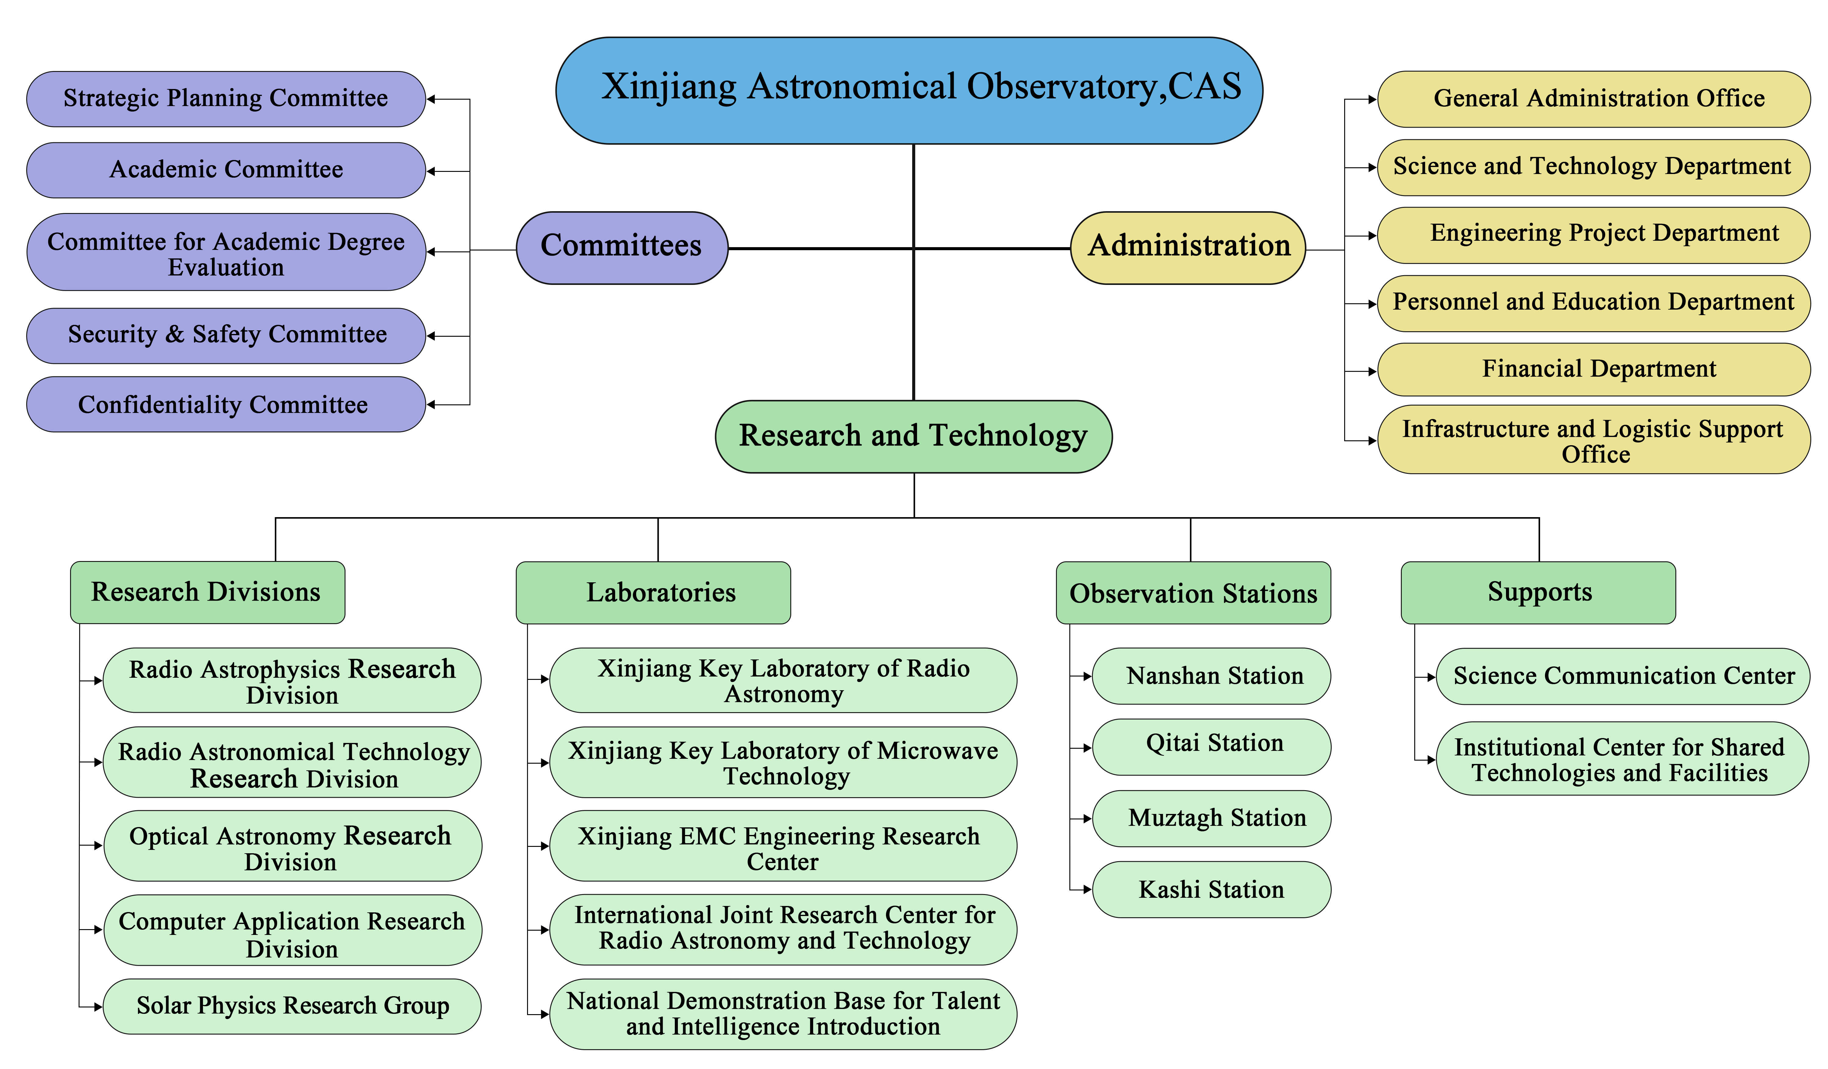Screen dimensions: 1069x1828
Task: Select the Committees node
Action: pyautogui.click(x=622, y=247)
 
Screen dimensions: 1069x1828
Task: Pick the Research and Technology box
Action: pyautogui.click(x=913, y=436)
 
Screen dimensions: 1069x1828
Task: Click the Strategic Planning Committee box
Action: pyautogui.click(x=225, y=99)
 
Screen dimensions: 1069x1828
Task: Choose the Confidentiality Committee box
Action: pyautogui.click(x=225, y=404)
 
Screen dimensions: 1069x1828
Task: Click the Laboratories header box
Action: pyautogui.click(x=653, y=592)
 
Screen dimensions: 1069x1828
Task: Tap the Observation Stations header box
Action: pyautogui.click(x=1193, y=592)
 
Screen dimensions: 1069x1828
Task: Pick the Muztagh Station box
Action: pyautogui.click(x=1211, y=818)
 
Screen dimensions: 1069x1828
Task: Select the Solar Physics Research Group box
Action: pyautogui.click(x=292, y=1006)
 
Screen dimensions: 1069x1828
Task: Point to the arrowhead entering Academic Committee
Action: pyautogui.click(x=431, y=171)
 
